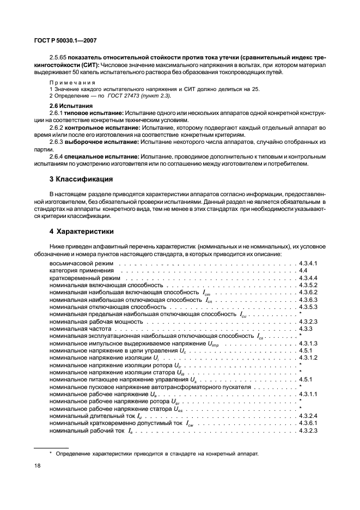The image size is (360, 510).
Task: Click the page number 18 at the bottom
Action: (x=38, y=466)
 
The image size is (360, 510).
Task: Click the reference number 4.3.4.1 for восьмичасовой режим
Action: (x=308, y=263)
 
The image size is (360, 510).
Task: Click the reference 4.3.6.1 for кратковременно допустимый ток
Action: (x=308, y=423)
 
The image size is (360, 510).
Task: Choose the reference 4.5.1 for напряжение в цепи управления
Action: (x=306, y=351)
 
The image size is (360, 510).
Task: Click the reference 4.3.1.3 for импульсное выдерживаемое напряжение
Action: (x=308, y=344)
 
